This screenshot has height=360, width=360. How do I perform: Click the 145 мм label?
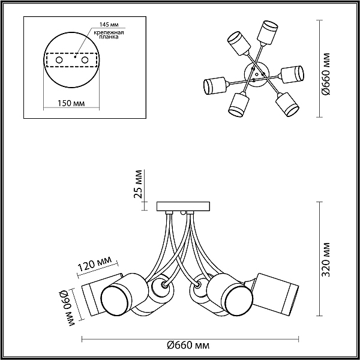109,25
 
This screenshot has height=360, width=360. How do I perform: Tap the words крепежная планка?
109,35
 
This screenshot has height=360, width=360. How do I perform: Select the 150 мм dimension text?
71,103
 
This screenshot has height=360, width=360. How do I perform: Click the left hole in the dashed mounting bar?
59,60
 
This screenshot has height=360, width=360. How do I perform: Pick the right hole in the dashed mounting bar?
85,60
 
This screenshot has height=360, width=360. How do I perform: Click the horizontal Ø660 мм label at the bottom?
188,345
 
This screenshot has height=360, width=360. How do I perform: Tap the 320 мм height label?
326,259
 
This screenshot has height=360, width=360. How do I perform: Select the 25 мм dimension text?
138,184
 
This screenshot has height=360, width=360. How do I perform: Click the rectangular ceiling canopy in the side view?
183,206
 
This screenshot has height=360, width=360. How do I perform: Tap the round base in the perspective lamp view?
256,74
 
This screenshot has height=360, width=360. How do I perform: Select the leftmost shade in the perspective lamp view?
215,85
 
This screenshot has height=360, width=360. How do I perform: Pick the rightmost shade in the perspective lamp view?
292,74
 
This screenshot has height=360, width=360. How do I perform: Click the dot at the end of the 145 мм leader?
75,56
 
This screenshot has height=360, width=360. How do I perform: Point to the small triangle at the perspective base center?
257,74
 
